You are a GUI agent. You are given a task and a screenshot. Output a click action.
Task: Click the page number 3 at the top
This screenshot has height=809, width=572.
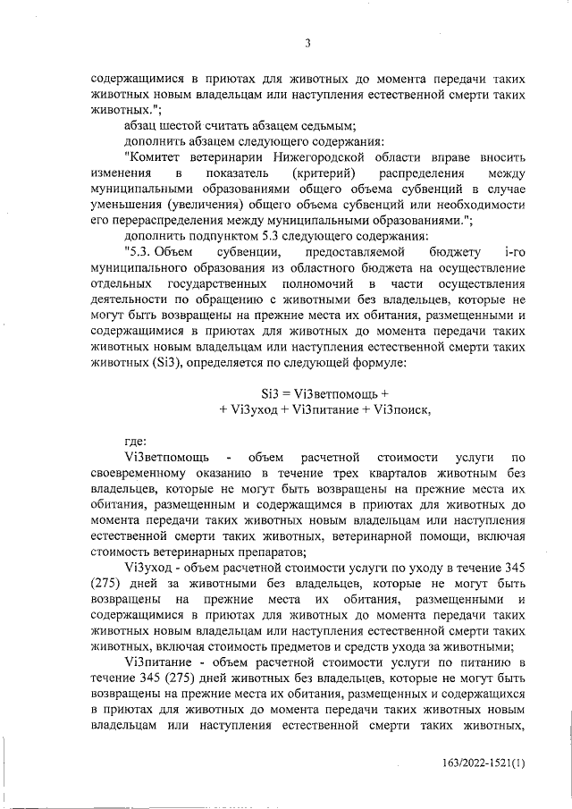pyautogui.click(x=307, y=43)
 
